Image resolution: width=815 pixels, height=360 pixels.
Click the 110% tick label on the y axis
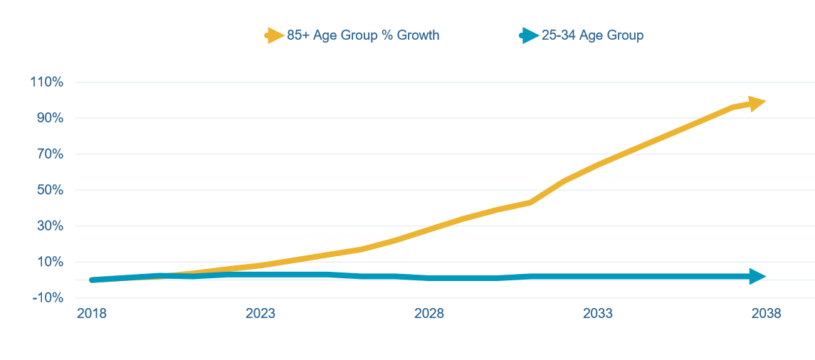47,83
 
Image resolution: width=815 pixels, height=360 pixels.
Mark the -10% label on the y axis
48,298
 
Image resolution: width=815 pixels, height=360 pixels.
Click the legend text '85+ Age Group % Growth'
363,35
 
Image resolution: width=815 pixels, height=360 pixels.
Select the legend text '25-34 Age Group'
592,35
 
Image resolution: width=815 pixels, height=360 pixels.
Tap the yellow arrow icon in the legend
274,35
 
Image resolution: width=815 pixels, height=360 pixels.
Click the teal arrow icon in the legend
528,35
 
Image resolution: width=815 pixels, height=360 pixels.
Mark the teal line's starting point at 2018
93,280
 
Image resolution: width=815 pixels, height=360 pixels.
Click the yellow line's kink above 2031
530,202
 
